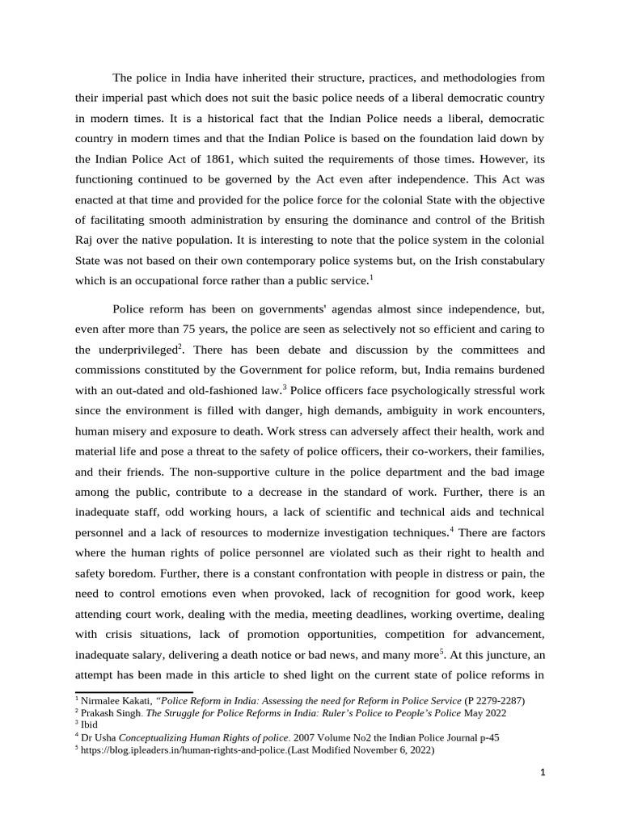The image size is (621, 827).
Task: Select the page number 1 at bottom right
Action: pyautogui.click(x=543, y=772)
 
